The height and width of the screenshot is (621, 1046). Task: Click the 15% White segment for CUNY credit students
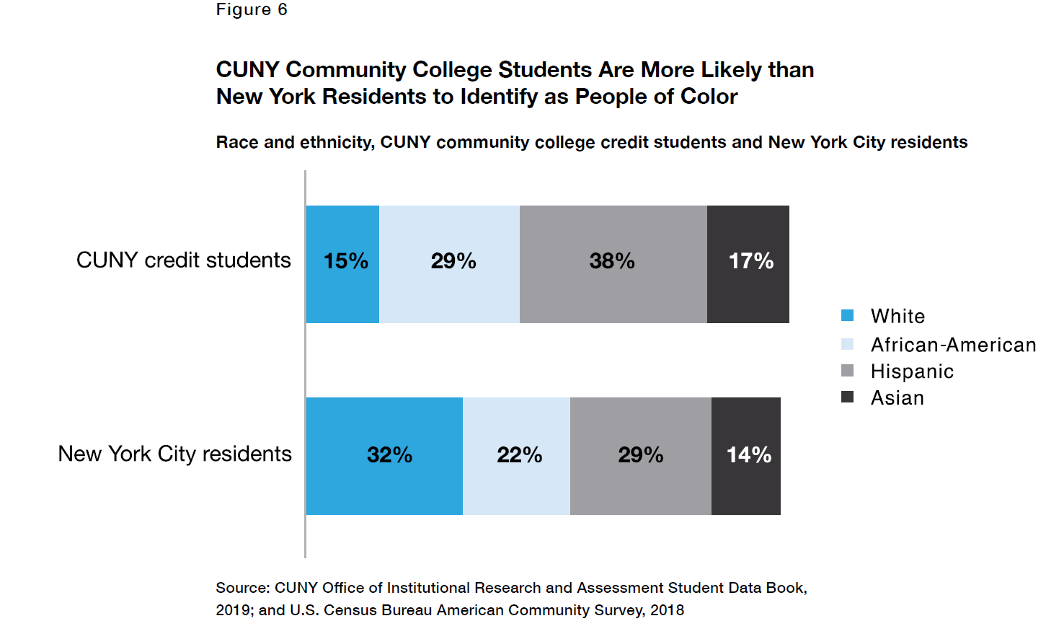342,264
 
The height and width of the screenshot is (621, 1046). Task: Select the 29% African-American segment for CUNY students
449,264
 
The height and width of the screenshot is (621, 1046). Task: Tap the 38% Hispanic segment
613,264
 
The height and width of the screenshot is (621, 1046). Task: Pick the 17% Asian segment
748,264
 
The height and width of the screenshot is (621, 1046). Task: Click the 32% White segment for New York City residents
384,456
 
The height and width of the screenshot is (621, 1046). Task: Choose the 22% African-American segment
516,456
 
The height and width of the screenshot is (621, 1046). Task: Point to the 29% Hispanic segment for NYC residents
640,456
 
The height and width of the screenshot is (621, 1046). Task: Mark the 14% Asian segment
746,456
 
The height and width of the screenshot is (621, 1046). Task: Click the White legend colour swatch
848,315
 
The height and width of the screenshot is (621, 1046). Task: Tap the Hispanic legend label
912,371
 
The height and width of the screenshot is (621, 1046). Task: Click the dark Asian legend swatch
848,397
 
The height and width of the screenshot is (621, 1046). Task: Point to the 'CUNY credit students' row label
184,260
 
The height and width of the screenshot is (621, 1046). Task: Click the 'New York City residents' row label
175,454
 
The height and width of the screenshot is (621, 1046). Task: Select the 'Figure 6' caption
252,9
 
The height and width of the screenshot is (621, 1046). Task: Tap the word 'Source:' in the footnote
242,588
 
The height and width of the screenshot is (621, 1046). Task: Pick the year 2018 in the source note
667,610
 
